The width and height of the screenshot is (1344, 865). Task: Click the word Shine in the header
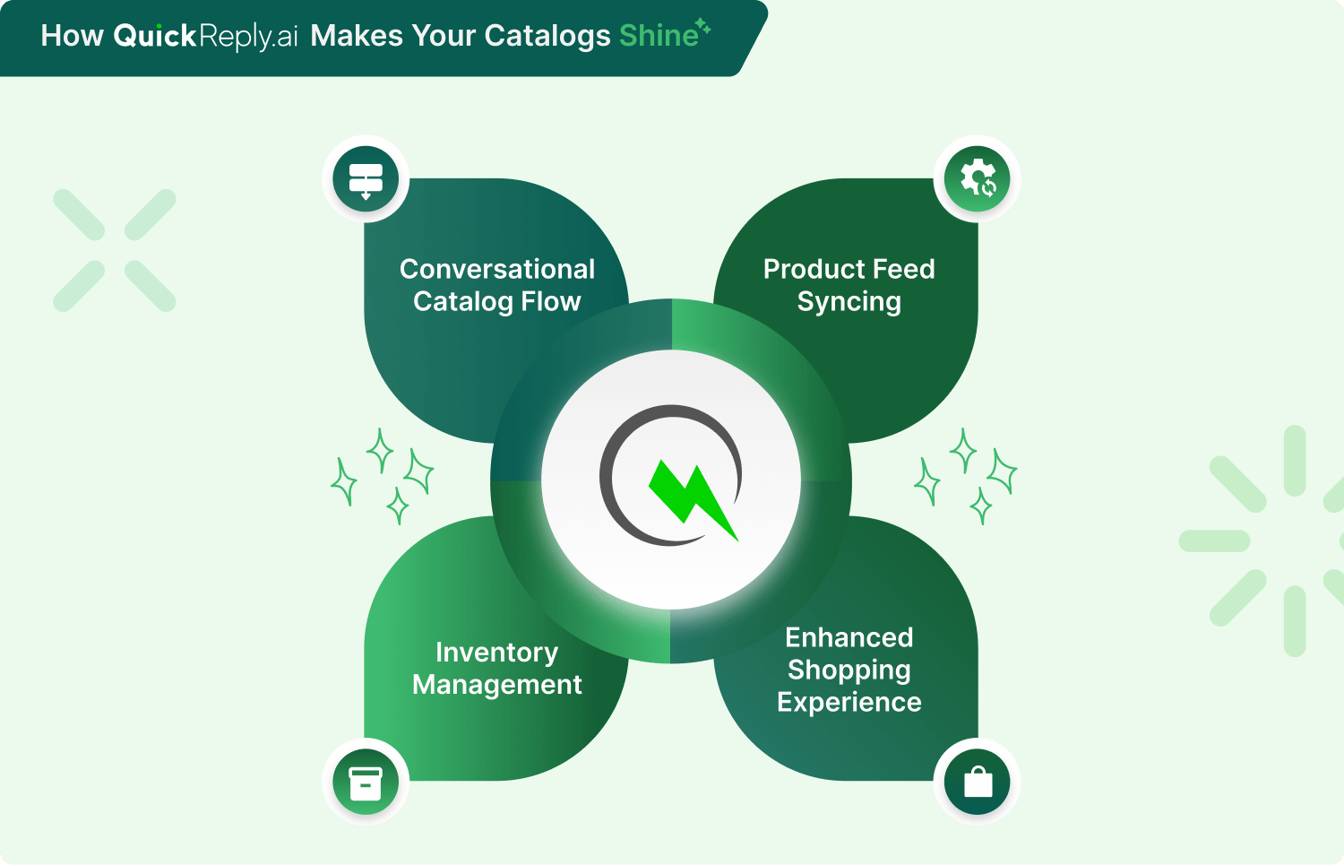pyautogui.click(x=659, y=36)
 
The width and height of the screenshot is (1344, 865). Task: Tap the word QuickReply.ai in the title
pyautogui.click(x=206, y=36)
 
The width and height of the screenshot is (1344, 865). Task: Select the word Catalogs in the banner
pyautogui.click(x=547, y=36)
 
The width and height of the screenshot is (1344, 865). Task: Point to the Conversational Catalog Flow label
pyautogui.click(x=497, y=285)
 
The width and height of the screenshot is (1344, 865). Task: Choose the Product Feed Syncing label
pyautogui.click(x=849, y=285)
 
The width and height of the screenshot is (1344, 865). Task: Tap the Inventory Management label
pyautogui.click(x=497, y=668)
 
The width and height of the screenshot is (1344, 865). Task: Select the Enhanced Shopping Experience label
pyautogui.click(x=849, y=670)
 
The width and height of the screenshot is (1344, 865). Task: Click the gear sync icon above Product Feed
pyautogui.click(x=978, y=178)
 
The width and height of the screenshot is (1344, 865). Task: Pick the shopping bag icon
pyautogui.click(x=978, y=782)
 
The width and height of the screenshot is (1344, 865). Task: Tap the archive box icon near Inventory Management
pyautogui.click(x=366, y=782)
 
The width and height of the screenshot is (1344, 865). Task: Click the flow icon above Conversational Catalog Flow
pyautogui.click(x=366, y=179)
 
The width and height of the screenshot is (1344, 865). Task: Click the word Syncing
pyautogui.click(x=849, y=302)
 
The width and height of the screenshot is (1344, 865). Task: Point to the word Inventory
pyautogui.click(x=497, y=652)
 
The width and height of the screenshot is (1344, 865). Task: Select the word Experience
pyautogui.click(x=849, y=702)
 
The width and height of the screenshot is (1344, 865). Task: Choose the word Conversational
pyautogui.click(x=497, y=269)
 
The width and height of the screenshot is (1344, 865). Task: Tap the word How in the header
pyautogui.click(x=73, y=36)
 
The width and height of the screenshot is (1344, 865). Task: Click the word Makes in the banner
pyautogui.click(x=357, y=36)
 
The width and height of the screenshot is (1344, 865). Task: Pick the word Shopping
pyautogui.click(x=849, y=670)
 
